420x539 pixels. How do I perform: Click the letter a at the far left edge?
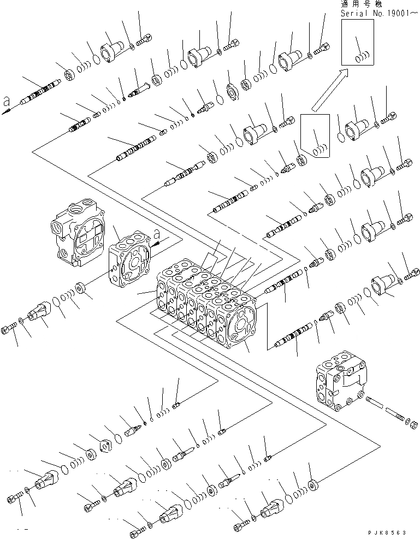7,100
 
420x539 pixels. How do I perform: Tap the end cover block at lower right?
339,382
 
